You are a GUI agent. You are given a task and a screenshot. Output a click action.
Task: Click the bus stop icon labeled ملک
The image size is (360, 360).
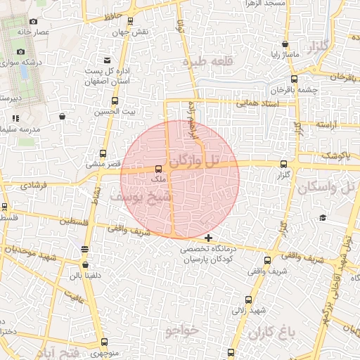[158, 169]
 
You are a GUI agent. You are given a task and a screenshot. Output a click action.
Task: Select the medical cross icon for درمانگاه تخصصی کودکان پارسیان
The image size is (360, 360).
[208, 238]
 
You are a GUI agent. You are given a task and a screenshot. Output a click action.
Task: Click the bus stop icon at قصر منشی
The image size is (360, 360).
[104, 153]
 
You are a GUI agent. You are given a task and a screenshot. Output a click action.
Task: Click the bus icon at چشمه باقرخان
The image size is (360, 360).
[294, 79]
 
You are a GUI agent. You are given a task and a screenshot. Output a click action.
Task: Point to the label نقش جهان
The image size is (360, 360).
[134, 32]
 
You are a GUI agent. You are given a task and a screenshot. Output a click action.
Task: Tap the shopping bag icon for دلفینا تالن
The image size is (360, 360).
[86, 265]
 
